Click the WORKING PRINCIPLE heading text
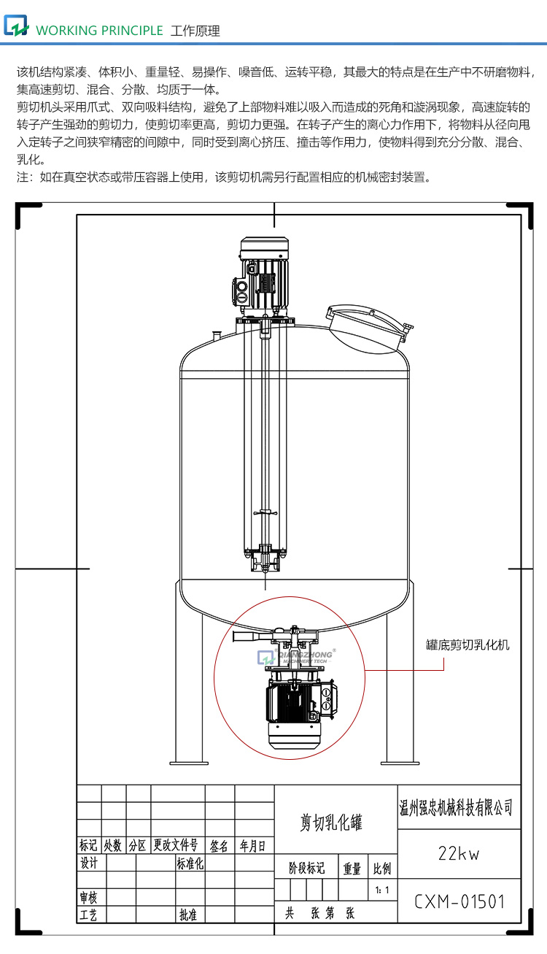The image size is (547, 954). point(99,31)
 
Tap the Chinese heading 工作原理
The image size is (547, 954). point(195,31)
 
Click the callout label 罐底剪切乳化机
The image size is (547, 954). point(468,645)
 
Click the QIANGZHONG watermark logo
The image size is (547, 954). point(295,656)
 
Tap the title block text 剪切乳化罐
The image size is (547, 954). point(332,823)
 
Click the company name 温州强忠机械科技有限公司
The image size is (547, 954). point(457,807)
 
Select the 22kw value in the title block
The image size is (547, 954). point(459,853)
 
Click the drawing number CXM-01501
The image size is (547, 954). point(459,901)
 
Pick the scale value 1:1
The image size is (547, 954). point(381,890)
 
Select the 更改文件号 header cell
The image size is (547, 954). point(176,845)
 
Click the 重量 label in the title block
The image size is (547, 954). point(352,868)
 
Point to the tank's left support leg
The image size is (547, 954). point(187,679)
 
